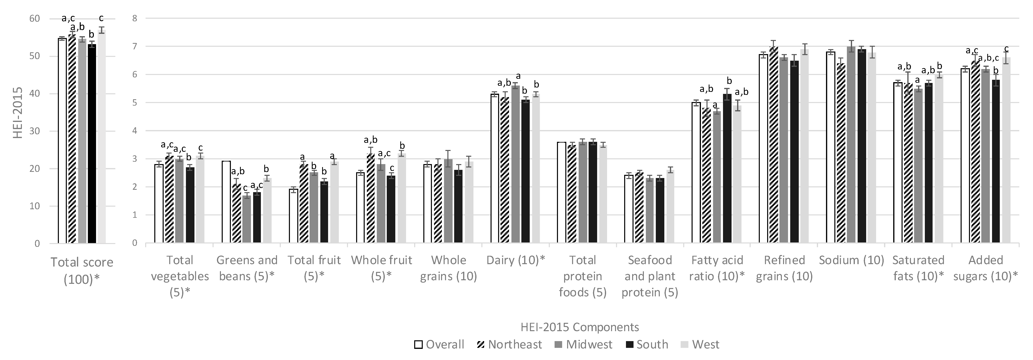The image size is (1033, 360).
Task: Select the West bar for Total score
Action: (x=101, y=136)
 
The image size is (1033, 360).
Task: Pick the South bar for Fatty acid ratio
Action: (x=727, y=168)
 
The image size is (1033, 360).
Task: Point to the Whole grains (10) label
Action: (x=448, y=268)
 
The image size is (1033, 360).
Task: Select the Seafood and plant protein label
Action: (x=650, y=276)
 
